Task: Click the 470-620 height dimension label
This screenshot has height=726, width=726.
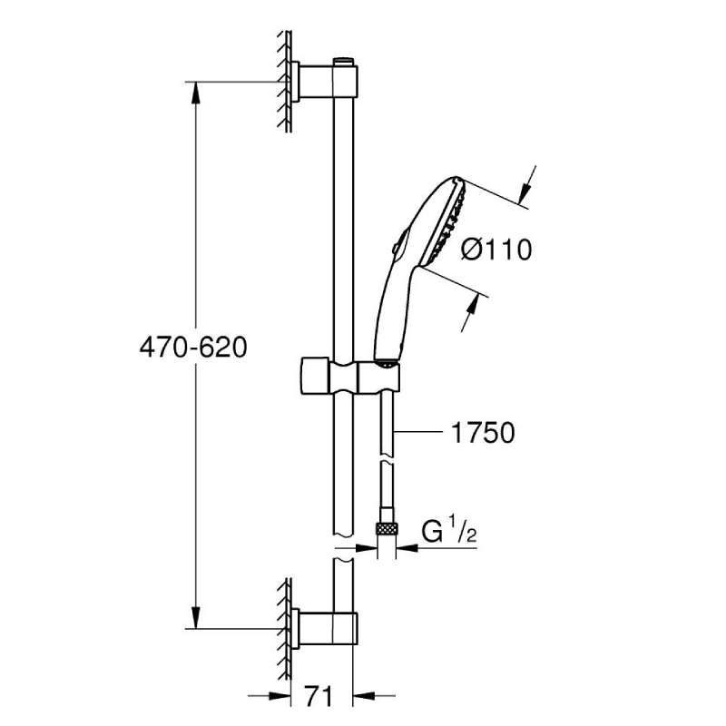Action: pos(193,347)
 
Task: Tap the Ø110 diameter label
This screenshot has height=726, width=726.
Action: pos(496,250)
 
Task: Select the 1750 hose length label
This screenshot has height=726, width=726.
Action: pos(483,433)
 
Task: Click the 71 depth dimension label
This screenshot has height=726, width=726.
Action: pos(319,696)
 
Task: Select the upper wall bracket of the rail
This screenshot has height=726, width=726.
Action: pos(324,82)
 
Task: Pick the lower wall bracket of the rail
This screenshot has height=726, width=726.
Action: pos(324,627)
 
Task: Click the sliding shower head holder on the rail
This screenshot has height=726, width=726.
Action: pos(350,376)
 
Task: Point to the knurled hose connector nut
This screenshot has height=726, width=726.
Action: pos(387,529)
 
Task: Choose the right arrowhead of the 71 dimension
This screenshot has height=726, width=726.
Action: pos(365,695)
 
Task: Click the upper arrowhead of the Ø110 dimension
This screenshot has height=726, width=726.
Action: pos(525,191)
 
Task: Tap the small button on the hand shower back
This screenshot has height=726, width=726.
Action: pos(396,247)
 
